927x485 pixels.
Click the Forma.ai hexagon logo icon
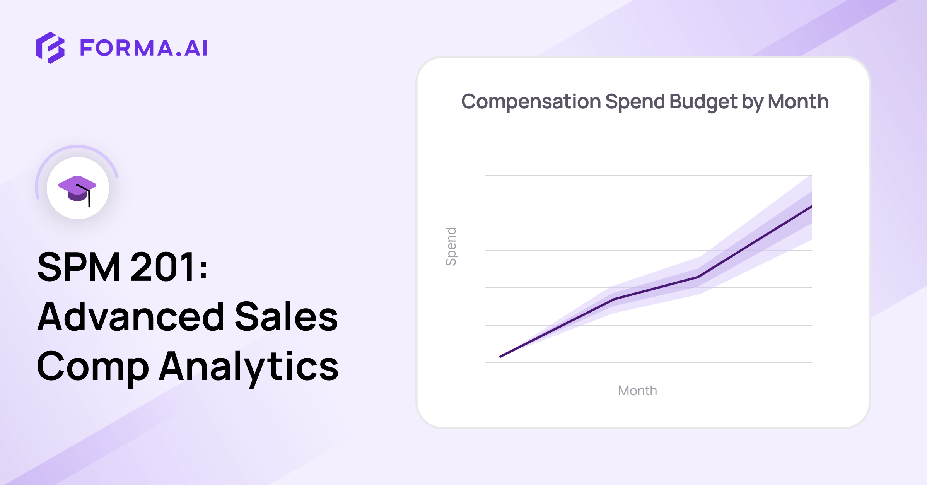(50, 48)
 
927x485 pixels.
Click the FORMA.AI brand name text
(143, 48)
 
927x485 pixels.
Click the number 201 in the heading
(163, 266)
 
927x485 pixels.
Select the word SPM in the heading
(79, 266)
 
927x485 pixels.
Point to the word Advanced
(131, 316)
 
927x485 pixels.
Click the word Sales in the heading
(287, 316)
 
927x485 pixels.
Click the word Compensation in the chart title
(531, 102)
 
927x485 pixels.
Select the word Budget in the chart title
(703, 102)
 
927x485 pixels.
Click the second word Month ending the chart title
(798, 101)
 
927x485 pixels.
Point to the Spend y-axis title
(451, 246)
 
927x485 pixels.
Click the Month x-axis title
(637, 391)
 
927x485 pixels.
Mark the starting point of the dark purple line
(500, 356)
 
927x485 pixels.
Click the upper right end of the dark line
(811, 207)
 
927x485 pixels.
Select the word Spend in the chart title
(635, 102)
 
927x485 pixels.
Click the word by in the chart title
(752, 102)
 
